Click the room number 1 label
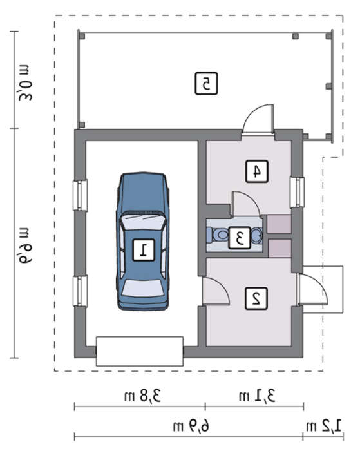pos(144,250)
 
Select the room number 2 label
pos(256,298)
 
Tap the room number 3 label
pos(240,238)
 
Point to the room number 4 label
pos(257,171)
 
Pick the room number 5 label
pos(206,83)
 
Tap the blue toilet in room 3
pos(218,235)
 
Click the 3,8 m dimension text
pos(142,396)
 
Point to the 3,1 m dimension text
pos(257,396)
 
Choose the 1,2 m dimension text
pos(323,426)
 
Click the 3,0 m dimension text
pos(25,83)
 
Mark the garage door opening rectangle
pos(140,351)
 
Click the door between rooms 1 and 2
pos(216,291)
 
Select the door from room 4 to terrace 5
pos(258,119)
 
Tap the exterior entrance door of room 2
pos(313,289)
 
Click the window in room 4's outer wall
pos(297,192)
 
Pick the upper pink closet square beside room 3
pos(279,224)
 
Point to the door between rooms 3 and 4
pos(246,204)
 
